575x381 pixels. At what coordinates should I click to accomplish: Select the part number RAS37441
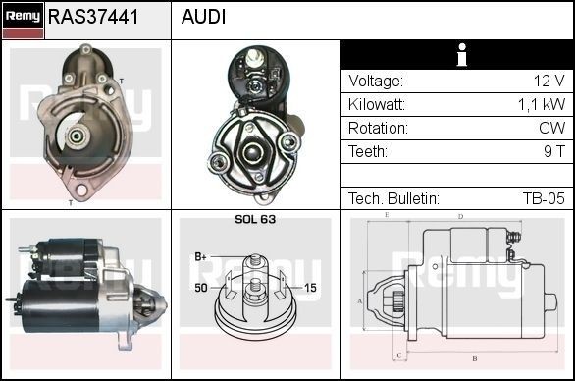tap(93, 18)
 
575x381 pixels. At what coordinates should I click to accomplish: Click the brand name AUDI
tap(203, 18)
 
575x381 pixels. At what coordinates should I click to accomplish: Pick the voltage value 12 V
tap(549, 82)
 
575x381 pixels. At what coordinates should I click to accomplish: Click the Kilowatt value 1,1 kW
tap(542, 105)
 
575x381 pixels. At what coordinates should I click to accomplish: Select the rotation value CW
tap(552, 129)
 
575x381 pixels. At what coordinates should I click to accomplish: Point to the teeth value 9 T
tap(553, 152)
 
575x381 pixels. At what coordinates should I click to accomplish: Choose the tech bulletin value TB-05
tap(544, 198)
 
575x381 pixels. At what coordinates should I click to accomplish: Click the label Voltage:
tap(376, 82)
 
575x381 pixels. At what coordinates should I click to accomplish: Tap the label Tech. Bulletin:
tap(393, 198)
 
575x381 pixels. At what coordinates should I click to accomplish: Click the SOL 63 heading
tap(255, 219)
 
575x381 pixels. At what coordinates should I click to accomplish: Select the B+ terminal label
tap(201, 256)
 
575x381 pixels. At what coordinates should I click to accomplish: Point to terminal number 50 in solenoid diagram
tap(201, 288)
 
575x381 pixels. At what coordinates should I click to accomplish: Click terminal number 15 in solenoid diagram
tap(310, 288)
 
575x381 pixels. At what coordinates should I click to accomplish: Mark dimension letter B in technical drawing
tap(474, 357)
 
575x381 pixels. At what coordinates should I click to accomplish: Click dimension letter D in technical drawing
tap(460, 216)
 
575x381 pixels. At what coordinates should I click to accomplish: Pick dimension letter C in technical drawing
tap(398, 354)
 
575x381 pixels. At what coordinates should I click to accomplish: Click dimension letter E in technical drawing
tap(387, 214)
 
